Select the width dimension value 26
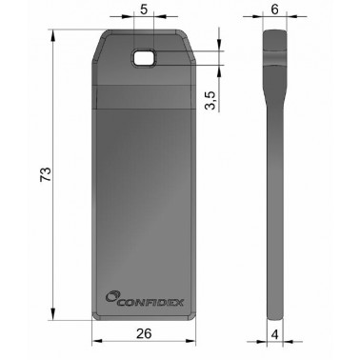click(145, 334)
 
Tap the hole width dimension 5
click(143, 10)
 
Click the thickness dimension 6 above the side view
click(274, 10)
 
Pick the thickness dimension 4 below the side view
click(273, 334)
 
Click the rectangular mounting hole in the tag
click(145, 59)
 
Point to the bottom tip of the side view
click(273, 313)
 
